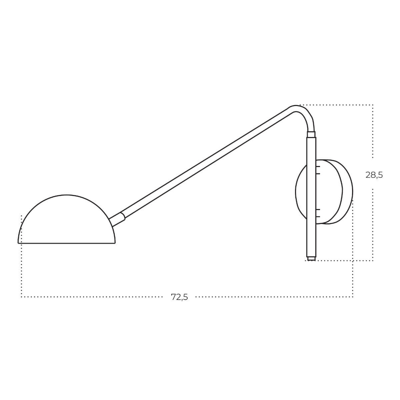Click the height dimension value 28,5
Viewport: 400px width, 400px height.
(x=374, y=175)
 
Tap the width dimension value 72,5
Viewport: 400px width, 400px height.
(x=179, y=297)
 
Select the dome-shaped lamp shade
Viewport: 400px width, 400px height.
(x=66, y=219)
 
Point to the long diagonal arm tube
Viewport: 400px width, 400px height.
(x=206, y=164)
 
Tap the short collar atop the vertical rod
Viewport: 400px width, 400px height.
(x=311, y=134)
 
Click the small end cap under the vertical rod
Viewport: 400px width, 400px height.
(x=311, y=259)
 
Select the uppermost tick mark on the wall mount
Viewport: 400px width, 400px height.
(x=318, y=166)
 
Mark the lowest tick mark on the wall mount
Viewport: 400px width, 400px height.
(x=318, y=217)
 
